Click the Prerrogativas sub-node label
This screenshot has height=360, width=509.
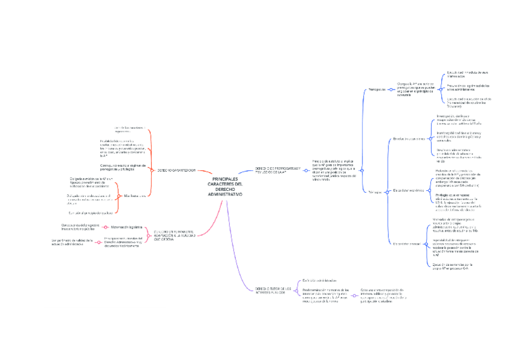376,89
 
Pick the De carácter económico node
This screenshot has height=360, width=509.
408,190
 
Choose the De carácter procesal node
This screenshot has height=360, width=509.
407,243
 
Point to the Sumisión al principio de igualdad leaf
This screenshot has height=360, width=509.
91,212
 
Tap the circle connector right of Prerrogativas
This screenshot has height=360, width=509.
390,89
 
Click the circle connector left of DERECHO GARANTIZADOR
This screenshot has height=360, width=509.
151,170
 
